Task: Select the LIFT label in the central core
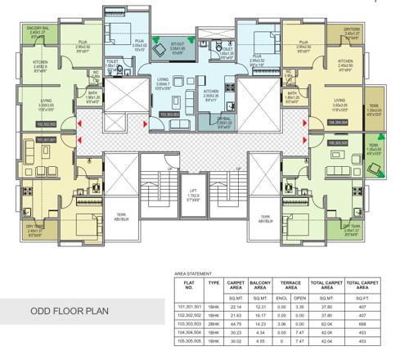[x=192, y=193]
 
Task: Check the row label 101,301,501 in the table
[x=187, y=305]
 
